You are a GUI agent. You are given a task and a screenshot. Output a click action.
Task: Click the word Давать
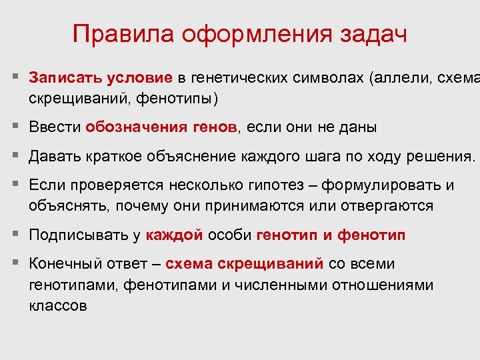coord(55,157)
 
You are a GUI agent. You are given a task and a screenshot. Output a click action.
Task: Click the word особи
coord(229,235)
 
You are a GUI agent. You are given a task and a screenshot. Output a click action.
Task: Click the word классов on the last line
coord(57,306)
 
